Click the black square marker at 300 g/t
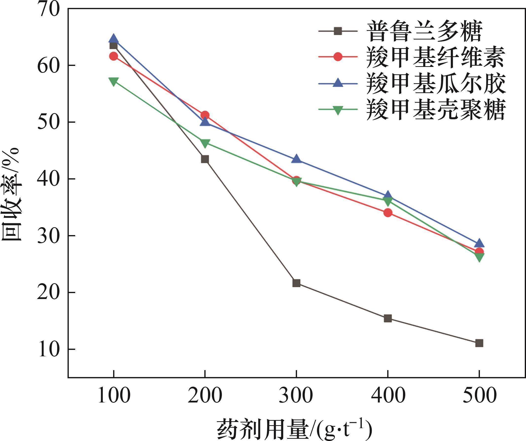coord(296,283)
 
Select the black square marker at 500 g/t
coord(479,343)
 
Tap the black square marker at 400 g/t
coord(388,319)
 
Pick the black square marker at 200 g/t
coord(205,159)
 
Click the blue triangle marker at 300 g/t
coord(296,159)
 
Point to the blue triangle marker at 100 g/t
coord(113,39)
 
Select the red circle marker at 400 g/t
coord(388,213)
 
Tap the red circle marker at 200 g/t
coord(205,115)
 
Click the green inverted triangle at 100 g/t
coord(113,81)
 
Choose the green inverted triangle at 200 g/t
coord(205,143)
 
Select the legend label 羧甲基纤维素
coord(435,58)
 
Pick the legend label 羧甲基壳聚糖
coord(435,110)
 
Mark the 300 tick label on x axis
coord(296,396)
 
